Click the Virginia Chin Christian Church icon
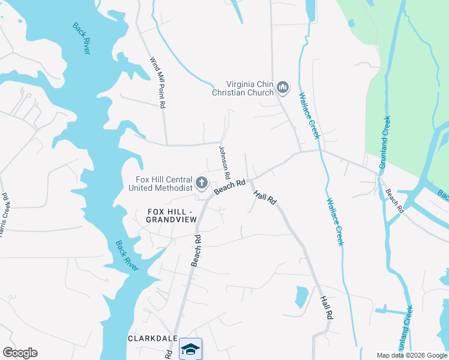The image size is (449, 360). point(283,89)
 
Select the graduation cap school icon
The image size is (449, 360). point(190,349)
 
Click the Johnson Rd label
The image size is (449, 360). point(224,163)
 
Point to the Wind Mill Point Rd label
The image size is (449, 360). point(157,83)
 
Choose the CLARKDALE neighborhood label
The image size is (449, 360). point(152,338)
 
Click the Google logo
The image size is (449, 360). point(20,353)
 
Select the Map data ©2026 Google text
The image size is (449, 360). point(412,355)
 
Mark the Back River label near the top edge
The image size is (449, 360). point(81,38)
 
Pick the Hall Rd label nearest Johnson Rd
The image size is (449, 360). point(264,197)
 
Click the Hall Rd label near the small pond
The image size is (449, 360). point(326,307)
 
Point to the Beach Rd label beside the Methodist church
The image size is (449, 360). point(230,187)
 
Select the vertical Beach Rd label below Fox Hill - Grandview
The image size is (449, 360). point(195,250)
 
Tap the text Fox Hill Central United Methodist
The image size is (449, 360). point(160,184)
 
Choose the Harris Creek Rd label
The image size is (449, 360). point(5,213)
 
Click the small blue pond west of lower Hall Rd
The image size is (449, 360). point(301,297)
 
